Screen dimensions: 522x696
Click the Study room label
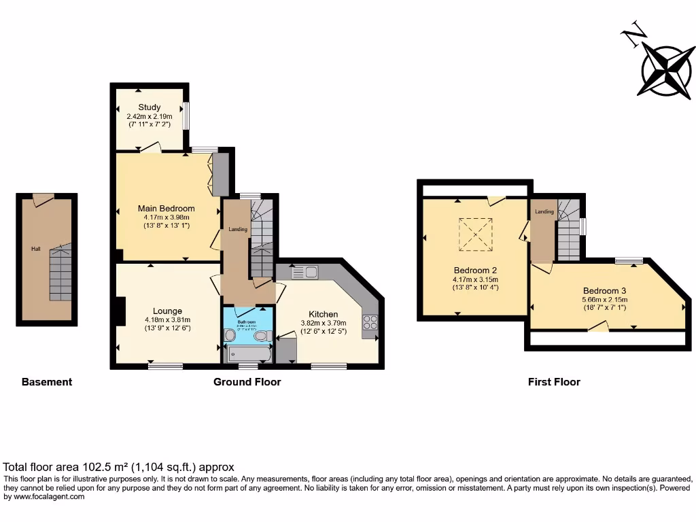(150, 107)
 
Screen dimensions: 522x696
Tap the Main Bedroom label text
(167, 209)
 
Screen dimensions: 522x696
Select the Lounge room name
(167, 311)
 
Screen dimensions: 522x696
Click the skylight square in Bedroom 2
(476, 234)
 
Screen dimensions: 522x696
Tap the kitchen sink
(305, 273)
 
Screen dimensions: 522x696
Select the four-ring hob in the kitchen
(370, 323)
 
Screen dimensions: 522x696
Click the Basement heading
(47, 382)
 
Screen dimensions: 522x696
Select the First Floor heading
(554, 382)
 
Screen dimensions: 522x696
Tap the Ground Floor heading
(247, 382)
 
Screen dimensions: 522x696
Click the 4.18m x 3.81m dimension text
(167, 320)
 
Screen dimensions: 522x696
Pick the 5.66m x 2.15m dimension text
(604, 299)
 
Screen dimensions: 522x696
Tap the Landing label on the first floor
(544, 212)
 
